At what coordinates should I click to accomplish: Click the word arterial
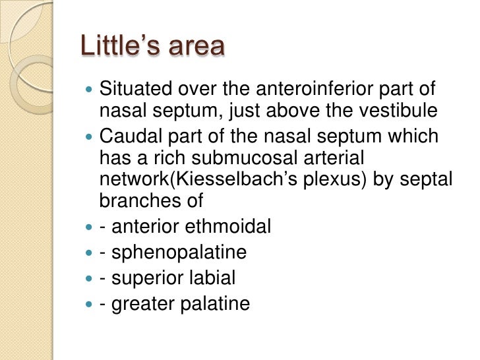(x=328, y=158)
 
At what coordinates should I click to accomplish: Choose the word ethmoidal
(x=229, y=227)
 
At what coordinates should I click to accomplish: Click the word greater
(x=140, y=304)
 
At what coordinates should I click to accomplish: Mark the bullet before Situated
(x=89, y=89)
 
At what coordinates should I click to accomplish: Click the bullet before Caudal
(x=89, y=136)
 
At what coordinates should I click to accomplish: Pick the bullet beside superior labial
(x=89, y=278)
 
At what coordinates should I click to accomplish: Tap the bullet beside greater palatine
(x=89, y=304)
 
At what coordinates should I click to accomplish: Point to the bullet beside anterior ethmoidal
(x=89, y=227)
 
